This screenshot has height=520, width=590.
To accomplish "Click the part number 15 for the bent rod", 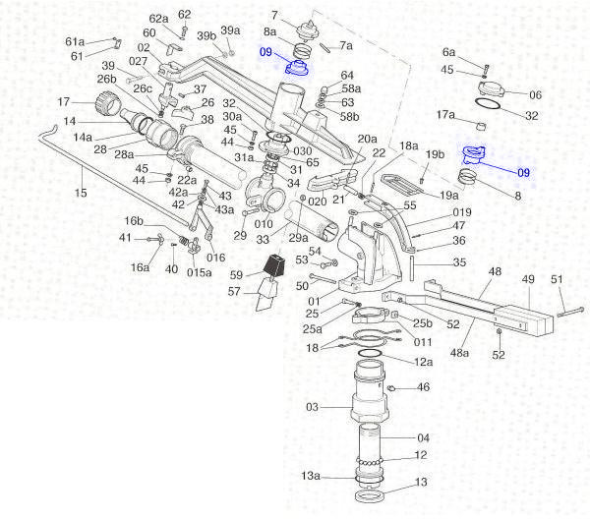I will (x=81, y=193).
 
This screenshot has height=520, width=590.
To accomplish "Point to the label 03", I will (x=312, y=405).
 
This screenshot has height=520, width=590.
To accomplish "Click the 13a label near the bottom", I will (x=311, y=476).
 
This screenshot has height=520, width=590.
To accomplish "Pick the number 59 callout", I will (x=236, y=274).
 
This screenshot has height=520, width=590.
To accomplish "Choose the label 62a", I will (x=158, y=19).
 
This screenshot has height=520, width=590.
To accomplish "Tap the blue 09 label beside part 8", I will (x=523, y=172).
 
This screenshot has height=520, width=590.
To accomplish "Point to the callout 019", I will (x=434, y=211).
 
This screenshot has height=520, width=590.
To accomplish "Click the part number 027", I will (x=138, y=61).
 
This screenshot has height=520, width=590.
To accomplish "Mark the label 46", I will (x=424, y=387).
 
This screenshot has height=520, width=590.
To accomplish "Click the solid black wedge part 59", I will (x=274, y=266).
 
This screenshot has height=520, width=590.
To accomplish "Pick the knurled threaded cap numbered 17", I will (x=103, y=102).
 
